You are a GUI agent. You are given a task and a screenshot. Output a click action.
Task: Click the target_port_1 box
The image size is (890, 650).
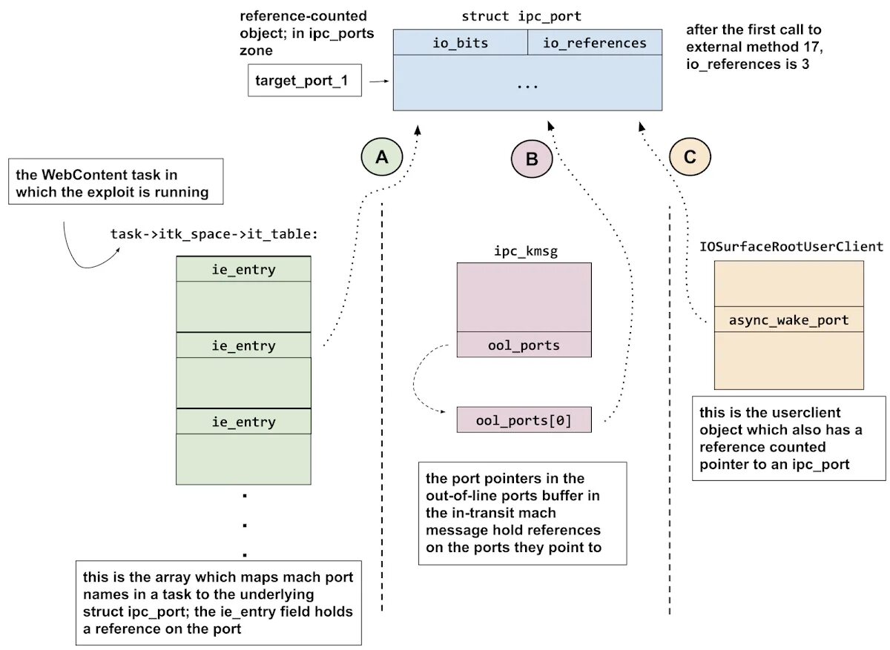[305, 80]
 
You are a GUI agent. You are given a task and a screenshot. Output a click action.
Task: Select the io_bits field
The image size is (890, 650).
[461, 42]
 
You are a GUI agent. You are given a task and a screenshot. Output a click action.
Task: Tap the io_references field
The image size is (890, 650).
[595, 42]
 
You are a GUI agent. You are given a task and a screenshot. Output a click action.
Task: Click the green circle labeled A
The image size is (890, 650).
[382, 157]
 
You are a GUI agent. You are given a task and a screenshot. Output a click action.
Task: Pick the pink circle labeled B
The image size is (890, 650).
[532, 159]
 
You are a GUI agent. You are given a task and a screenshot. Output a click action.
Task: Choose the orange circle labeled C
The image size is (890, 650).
[690, 157]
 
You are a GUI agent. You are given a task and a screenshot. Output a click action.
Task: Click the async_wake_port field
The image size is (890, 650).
[788, 319]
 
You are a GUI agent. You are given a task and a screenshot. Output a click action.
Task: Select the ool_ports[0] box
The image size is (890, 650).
[524, 419]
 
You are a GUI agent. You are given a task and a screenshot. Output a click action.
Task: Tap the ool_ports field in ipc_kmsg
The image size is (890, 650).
[524, 345]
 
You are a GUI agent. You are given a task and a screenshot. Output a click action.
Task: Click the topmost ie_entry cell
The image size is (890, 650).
[243, 269]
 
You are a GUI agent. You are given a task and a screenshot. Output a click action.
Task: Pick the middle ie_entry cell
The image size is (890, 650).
[243, 345]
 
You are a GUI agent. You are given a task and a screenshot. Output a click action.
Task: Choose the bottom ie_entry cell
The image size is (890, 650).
[243, 421]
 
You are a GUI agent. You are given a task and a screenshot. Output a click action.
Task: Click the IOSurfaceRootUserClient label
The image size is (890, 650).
[791, 247]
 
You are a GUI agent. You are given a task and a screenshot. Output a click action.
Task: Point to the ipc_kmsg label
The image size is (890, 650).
[526, 251]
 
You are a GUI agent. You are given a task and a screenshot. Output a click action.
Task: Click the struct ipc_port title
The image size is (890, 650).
[521, 16]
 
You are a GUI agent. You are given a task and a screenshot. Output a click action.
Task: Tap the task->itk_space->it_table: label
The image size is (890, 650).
[214, 234]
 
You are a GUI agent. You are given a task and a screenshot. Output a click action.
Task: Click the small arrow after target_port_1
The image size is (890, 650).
[379, 82]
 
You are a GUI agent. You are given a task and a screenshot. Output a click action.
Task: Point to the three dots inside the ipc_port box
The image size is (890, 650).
[527, 86]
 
